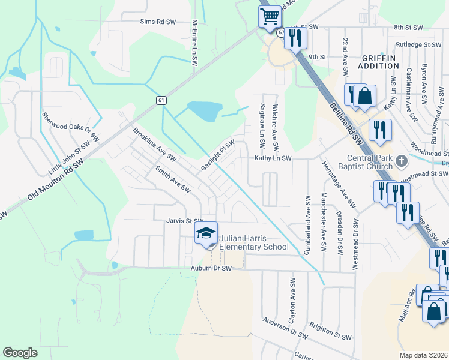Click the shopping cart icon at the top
click(270, 16)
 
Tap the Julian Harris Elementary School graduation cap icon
click(206, 233)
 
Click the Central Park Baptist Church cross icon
click(402, 161)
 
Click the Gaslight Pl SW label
click(217, 155)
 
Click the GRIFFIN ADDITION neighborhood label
click(379, 61)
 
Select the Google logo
click(20, 352)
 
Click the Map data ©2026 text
click(424, 355)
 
